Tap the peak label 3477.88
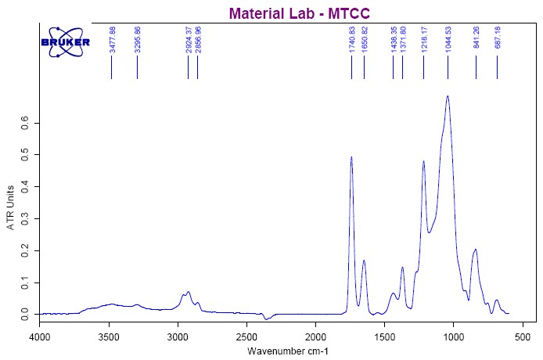coord(113,39)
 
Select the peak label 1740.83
coord(352,39)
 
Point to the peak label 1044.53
coord(448,39)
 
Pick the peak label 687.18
coord(498,39)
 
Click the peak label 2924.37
coord(189,39)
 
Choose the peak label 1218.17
coord(424,39)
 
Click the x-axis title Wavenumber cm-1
coord(288,351)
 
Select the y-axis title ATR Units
coord(11,207)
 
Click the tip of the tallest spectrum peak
coord(448,96)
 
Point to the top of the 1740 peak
coord(351,157)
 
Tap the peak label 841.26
coord(476,39)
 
